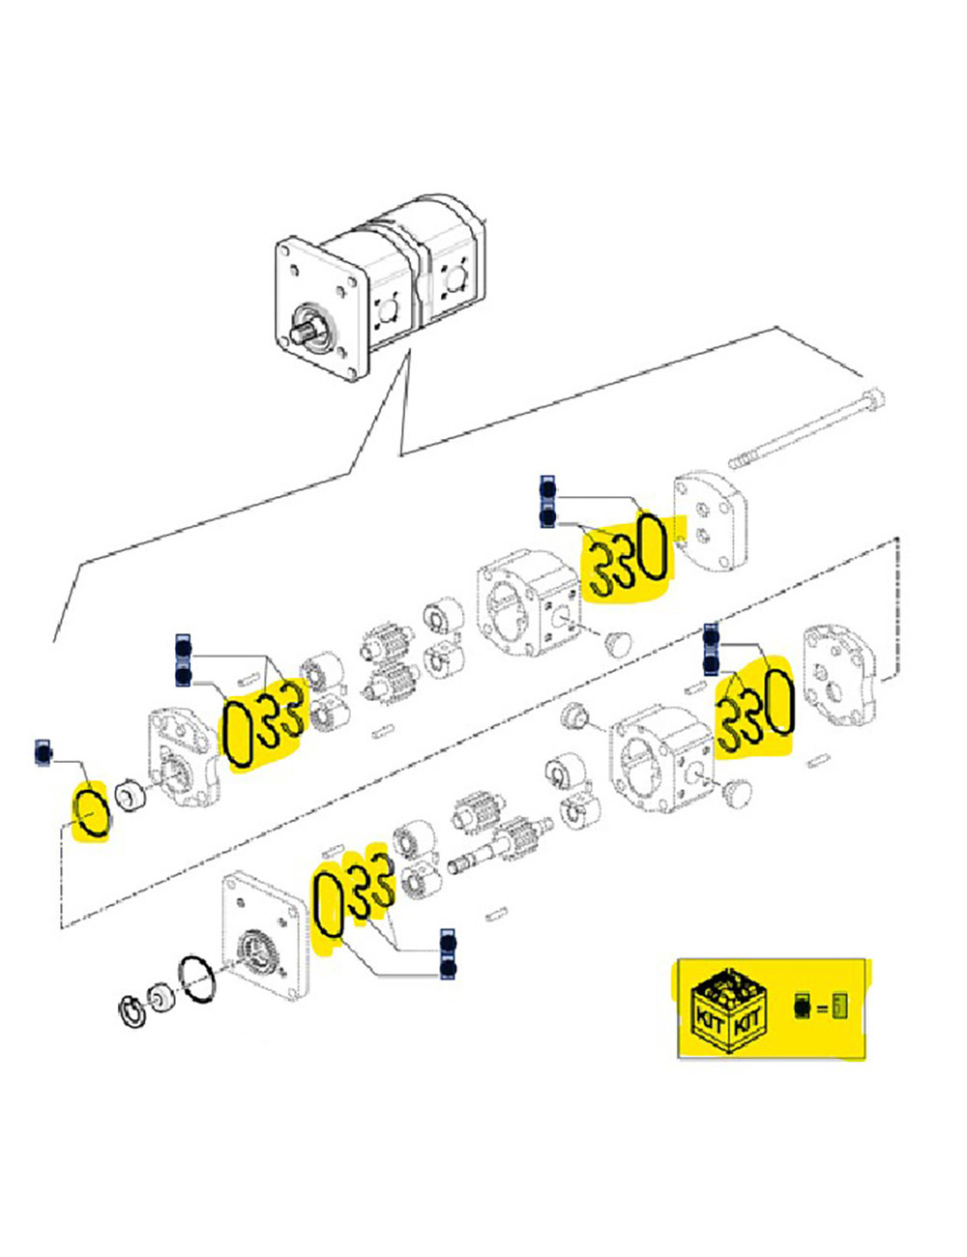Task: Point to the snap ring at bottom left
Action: (x=133, y=1012)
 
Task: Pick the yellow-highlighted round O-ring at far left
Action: (x=93, y=812)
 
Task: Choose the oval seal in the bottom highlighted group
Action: (x=328, y=904)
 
